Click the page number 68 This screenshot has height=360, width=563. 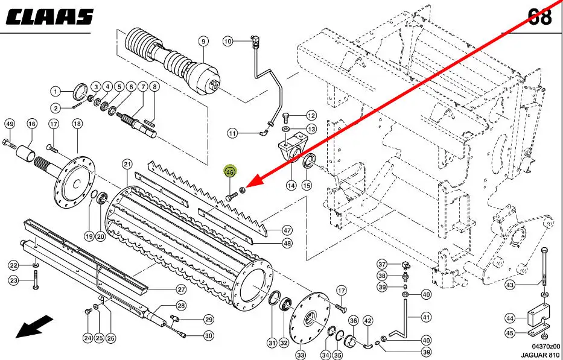[539, 16]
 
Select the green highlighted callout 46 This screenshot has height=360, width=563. [230, 172]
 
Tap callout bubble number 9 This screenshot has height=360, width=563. [203, 42]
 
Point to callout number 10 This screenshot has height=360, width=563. [227, 42]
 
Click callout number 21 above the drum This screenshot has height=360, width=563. [127, 164]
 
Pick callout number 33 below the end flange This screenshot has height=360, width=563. [301, 354]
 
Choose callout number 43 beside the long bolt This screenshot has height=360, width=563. [510, 285]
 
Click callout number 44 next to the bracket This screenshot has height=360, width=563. [510, 318]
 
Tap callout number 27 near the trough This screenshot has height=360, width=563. [181, 289]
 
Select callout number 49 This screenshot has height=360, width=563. [9, 124]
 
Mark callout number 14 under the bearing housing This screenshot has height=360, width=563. [291, 185]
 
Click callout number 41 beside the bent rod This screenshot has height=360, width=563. [427, 317]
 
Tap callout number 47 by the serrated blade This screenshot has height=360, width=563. [287, 230]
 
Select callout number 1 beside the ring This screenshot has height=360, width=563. [55, 92]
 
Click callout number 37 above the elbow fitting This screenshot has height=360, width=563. [382, 264]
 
